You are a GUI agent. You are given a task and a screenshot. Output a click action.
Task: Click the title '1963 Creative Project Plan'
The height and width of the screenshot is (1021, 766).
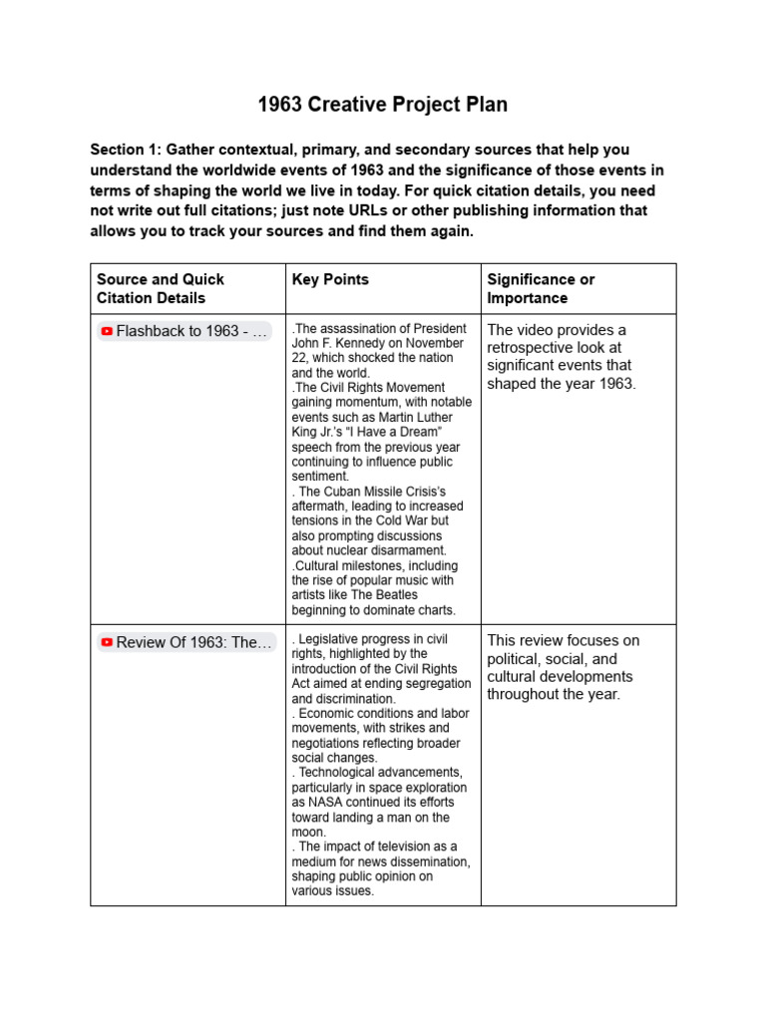point(383,104)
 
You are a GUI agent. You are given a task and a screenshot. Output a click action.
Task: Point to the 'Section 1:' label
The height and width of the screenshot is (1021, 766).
point(126,150)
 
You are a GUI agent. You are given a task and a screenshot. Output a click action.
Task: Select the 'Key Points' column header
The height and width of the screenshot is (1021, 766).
point(330,279)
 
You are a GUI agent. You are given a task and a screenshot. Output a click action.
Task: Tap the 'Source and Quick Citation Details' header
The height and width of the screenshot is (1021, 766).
point(160,288)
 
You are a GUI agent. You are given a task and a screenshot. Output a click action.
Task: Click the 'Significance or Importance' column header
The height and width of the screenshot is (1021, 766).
point(540,288)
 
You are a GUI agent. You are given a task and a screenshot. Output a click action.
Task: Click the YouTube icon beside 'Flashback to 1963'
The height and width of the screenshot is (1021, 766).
point(107,331)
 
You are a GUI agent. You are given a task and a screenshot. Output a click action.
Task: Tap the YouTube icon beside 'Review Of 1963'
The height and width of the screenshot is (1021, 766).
point(107,643)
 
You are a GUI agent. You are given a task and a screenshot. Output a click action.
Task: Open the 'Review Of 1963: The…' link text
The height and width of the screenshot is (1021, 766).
point(193,643)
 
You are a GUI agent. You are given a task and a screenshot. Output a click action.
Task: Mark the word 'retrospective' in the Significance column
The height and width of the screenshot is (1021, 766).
point(532,348)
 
